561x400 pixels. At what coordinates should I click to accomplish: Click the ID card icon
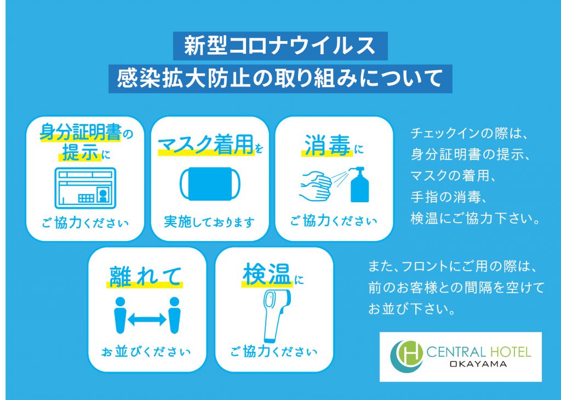pos(85,188)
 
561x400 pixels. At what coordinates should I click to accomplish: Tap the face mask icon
pos(210,184)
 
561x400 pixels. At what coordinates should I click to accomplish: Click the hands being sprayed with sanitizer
pos(315,186)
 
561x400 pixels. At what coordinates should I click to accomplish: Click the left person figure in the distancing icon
pos(120,315)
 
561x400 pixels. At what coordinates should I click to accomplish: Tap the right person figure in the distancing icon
pos(174,315)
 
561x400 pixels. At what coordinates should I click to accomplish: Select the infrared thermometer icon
pos(276,315)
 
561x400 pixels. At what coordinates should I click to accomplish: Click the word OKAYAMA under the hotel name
pos(478,364)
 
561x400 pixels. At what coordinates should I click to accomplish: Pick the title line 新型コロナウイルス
pos(280,46)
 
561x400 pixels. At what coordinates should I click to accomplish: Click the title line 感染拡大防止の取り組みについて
pos(280,78)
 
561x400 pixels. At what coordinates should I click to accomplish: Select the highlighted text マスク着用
pos(206,145)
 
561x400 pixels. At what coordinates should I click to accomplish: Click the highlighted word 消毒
pos(327,145)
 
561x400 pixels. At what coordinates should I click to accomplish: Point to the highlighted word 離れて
pos(145,277)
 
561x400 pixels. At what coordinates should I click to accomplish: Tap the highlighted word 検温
pos(267,275)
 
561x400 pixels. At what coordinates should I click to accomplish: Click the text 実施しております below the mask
pos(209,222)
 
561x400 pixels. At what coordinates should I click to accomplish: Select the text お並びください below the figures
pos(146,351)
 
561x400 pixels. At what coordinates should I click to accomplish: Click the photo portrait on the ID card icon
pos(102,196)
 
